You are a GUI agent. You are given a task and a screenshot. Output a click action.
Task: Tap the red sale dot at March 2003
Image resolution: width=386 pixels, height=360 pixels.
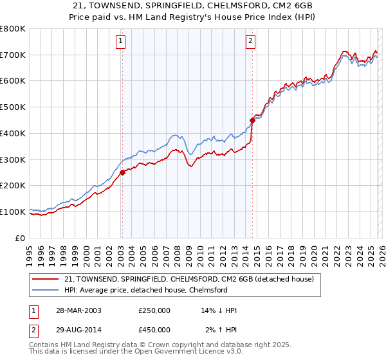(x=122, y=172)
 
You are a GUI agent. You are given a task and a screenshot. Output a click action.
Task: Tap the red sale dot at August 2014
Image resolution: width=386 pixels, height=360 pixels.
(x=252, y=119)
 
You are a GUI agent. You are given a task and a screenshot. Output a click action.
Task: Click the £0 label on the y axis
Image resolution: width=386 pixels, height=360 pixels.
(x=20, y=238)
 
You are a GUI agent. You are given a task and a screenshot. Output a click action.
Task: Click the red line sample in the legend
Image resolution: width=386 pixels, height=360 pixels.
(x=46, y=279)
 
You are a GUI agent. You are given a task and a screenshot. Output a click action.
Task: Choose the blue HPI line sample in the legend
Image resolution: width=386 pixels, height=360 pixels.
(x=46, y=290)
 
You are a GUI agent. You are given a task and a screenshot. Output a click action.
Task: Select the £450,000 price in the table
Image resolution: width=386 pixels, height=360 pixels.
(x=154, y=329)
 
